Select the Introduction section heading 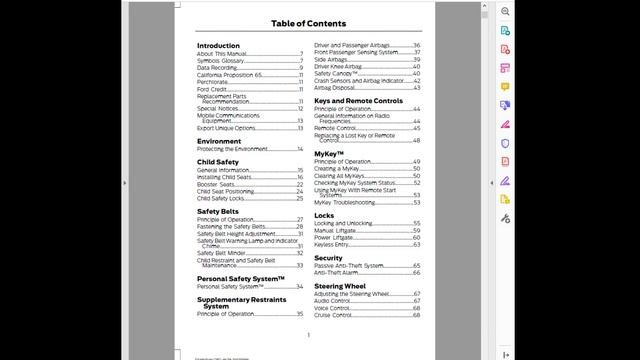point(218,46)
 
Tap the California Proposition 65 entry point(229,74)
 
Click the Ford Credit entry point(213,88)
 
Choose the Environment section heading point(219,141)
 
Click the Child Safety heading point(218,162)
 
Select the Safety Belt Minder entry point(221,253)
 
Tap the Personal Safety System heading point(241,278)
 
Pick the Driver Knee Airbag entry point(340,66)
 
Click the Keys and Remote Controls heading point(358,101)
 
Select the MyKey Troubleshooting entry point(346,202)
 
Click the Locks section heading point(324,215)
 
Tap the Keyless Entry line point(331,244)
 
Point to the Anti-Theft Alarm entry point(336,272)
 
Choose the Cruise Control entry point(332,315)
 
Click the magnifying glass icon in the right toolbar point(505,11)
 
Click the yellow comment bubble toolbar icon point(505,86)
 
